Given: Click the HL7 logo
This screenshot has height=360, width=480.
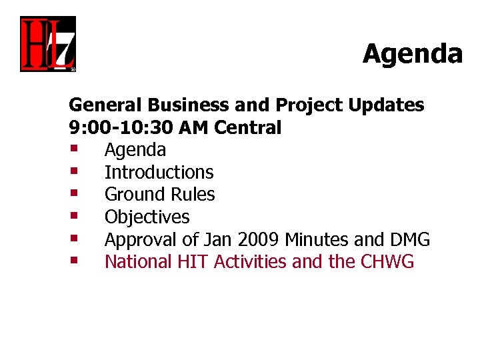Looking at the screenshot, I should [x=47, y=44].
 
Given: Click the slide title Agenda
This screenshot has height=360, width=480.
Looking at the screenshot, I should [x=412, y=53].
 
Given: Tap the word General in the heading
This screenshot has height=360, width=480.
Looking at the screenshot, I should [x=107, y=105].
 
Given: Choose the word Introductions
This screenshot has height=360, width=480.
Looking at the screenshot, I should [x=159, y=172].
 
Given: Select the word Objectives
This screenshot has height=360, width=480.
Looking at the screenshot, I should [x=147, y=217].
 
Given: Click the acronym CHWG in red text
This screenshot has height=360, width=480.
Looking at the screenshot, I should [x=387, y=262].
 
